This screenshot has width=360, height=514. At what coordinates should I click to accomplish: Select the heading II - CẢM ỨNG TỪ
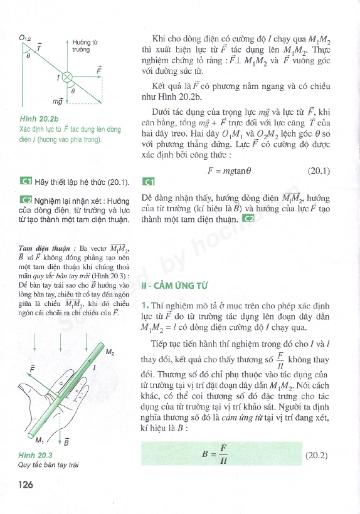177,286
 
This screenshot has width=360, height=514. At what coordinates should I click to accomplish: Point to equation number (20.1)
319,170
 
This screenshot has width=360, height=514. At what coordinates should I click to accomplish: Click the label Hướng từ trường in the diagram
82,45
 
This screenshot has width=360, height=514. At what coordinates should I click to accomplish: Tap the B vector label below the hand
66,443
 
